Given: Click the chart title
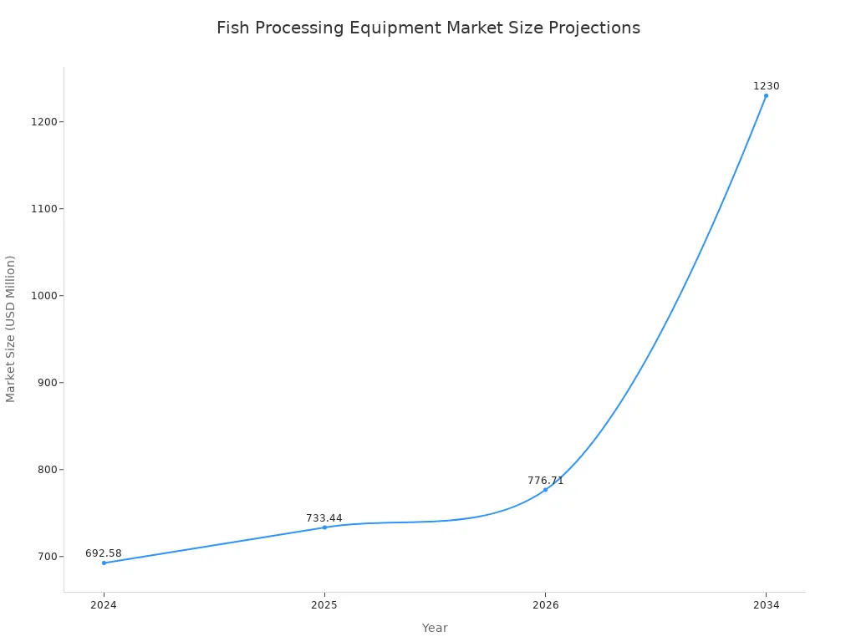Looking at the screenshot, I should tap(428, 28).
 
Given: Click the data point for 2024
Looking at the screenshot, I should tap(104, 563).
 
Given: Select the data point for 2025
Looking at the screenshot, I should tap(324, 527).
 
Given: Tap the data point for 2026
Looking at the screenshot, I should tap(545, 490).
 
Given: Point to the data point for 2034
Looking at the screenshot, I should tap(766, 95).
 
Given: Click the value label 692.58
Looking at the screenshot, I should tap(104, 553).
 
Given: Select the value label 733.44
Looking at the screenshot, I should tap(324, 518).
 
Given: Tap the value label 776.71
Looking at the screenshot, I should tap(545, 481).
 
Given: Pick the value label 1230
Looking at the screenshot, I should tap(766, 86).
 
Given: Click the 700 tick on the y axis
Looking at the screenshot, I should tap(47, 557).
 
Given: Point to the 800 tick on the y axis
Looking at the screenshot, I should tap(47, 470).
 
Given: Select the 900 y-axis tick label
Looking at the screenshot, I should tap(47, 383).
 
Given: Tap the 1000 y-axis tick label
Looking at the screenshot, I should tap(44, 296).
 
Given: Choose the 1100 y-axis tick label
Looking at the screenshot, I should tap(44, 209).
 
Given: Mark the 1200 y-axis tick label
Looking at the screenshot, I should tap(44, 122).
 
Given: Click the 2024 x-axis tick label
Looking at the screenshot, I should tap(104, 605).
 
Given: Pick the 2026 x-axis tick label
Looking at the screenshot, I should tap(545, 605).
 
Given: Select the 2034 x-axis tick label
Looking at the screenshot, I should tap(766, 605).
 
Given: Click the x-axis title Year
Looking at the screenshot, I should tap(435, 628).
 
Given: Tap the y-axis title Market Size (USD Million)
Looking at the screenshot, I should tap(11, 329).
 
